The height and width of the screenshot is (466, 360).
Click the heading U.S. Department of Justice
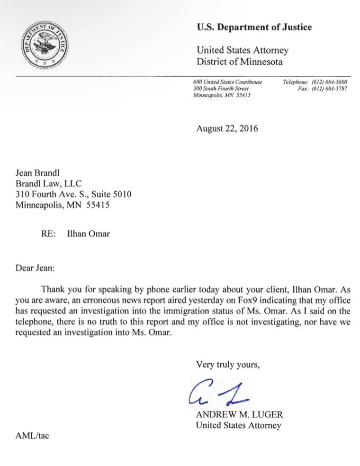point(254,27)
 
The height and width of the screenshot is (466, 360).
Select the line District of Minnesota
point(240,62)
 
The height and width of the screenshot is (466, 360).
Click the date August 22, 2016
point(227,128)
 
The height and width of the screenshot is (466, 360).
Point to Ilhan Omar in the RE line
point(89,233)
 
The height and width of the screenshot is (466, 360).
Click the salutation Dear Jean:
point(36,268)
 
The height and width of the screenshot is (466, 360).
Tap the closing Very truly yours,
point(228,364)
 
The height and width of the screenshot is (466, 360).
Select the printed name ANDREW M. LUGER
point(239,415)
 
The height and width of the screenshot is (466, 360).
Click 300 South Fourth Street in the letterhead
point(221,89)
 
